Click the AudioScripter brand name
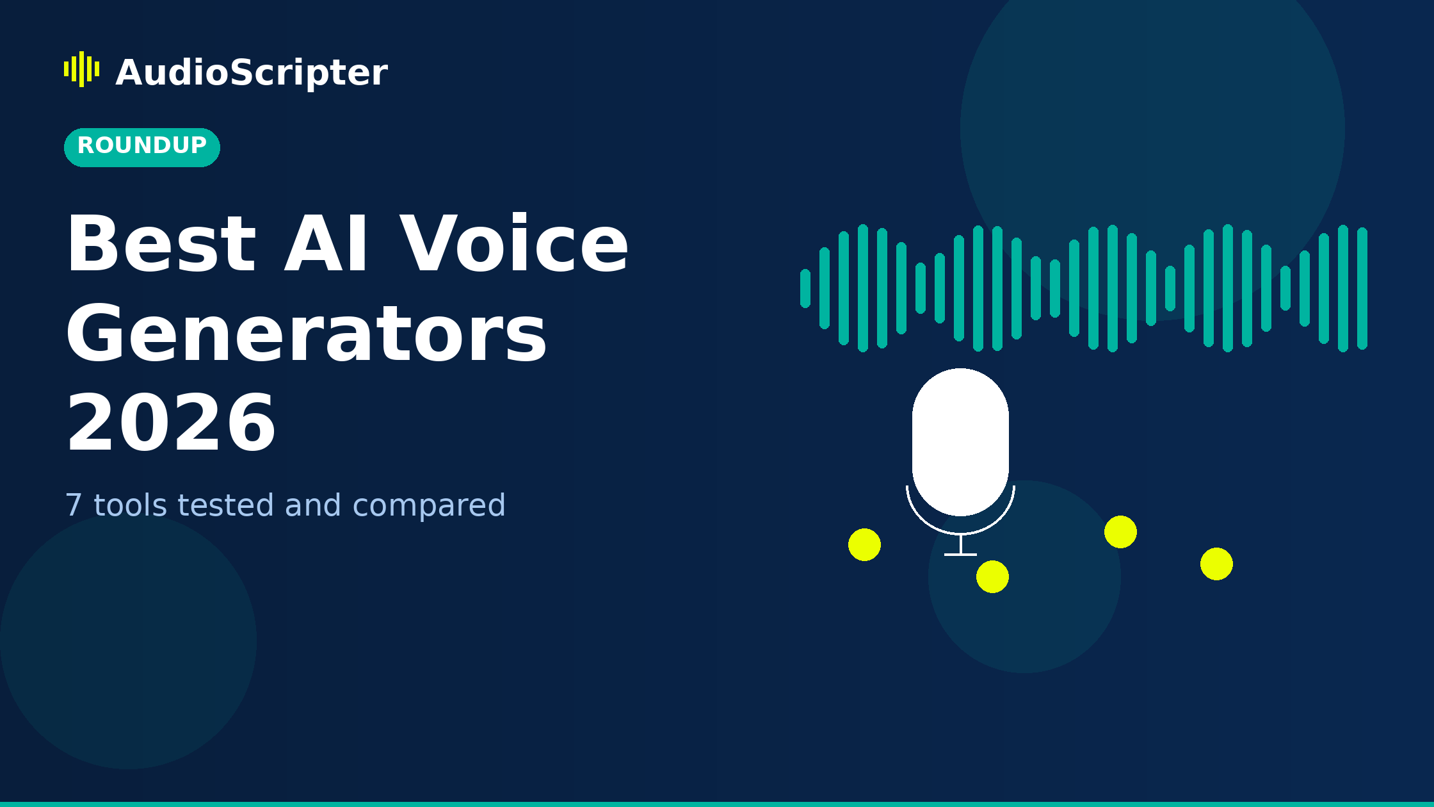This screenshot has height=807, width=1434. click(x=251, y=72)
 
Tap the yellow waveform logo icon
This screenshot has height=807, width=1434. click(x=81, y=69)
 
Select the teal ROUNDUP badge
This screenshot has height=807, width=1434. click(x=141, y=147)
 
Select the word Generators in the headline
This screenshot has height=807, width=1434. click(x=306, y=335)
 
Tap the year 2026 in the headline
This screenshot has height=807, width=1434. click(x=171, y=425)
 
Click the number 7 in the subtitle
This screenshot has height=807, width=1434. click(x=74, y=506)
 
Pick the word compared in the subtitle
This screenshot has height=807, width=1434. click(x=429, y=506)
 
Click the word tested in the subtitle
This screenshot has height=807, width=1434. click(x=225, y=506)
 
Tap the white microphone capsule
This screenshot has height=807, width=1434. click(x=960, y=442)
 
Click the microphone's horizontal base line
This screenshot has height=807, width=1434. click(x=960, y=554)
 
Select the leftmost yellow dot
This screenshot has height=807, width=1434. click(x=864, y=544)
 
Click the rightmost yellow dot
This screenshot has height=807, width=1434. click(x=1216, y=564)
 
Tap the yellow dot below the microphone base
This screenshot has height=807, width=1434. click(x=992, y=576)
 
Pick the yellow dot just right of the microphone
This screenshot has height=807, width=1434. click(x=1120, y=532)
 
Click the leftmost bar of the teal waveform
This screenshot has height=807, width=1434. click(x=805, y=288)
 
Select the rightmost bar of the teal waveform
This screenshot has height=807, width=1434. click(x=1362, y=288)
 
